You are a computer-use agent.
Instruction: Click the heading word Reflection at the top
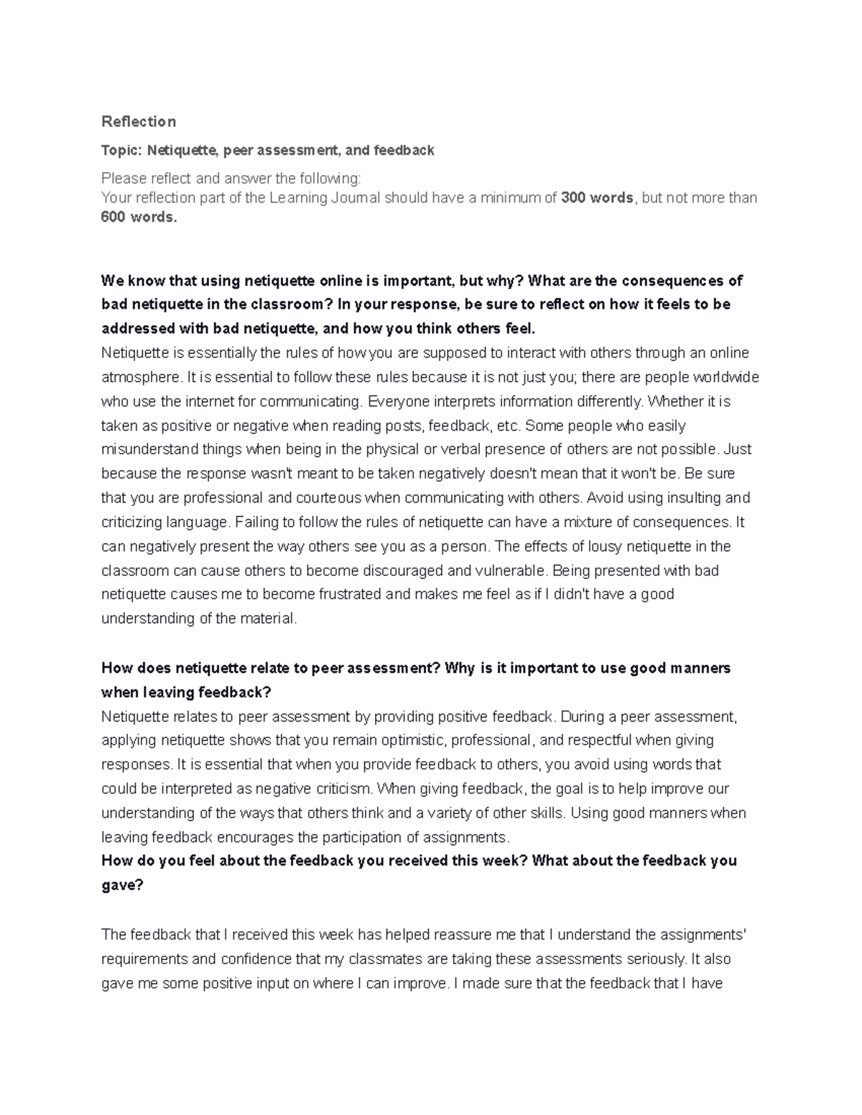point(139,121)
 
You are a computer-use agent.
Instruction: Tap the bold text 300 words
point(596,198)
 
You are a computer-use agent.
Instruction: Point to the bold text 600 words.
point(138,218)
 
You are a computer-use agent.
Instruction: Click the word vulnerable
point(510,572)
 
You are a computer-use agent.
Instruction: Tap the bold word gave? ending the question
point(123,886)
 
